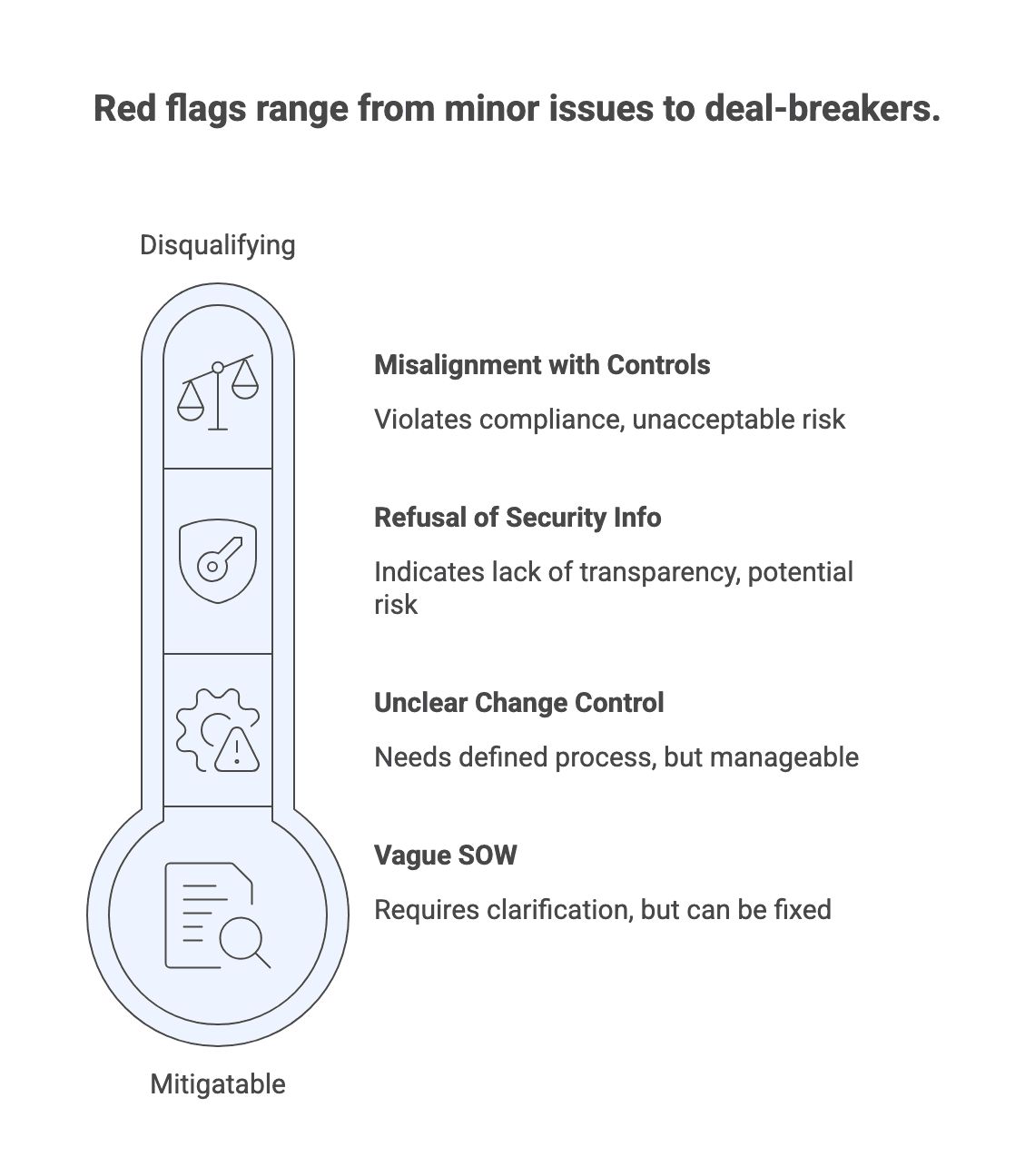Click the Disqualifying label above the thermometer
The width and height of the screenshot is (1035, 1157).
tap(217, 245)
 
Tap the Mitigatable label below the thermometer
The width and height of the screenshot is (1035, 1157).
tap(217, 1084)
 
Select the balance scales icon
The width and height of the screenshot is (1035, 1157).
tap(218, 392)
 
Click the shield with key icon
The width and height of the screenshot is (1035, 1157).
tap(218, 560)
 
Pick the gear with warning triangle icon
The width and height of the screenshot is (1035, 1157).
tap(218, 731)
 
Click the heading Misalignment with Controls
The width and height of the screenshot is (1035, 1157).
tap(542, 365)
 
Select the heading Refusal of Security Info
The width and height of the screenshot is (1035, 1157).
tap(517, 518)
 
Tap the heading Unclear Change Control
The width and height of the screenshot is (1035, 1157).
tap(518, 703)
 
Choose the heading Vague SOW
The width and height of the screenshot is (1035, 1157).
tap(445, 855)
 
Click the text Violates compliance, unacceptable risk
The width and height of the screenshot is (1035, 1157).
tap(609, 420)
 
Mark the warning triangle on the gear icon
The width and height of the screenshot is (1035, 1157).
tap(237, 750)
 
